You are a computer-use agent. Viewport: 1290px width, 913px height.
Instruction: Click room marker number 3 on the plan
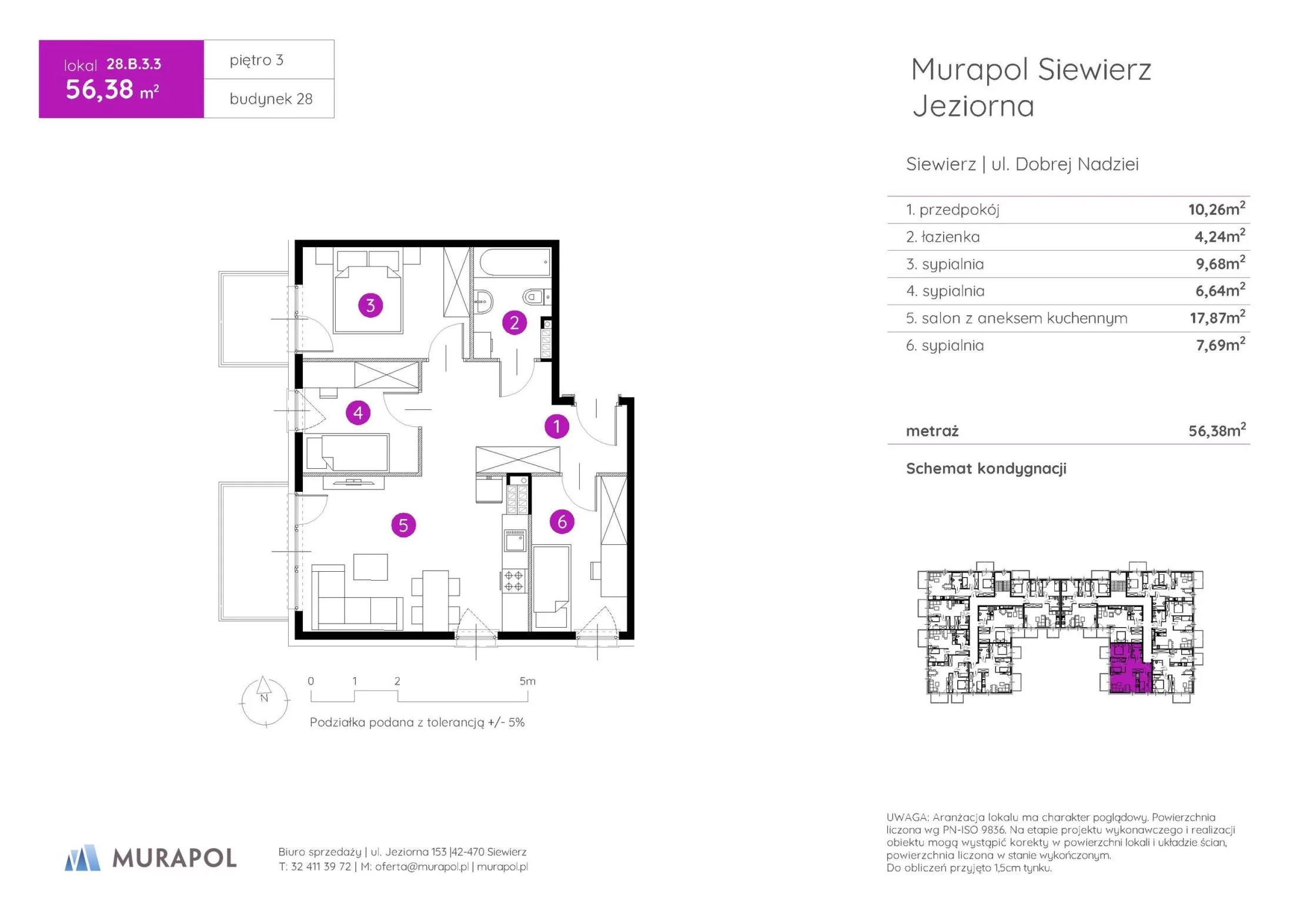click(370, 305)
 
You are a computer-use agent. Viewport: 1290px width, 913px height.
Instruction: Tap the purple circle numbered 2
click(514, 322)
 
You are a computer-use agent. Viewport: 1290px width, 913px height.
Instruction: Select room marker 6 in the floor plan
click(562, 522)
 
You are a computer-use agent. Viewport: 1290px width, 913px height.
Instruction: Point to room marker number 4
click(358, 413)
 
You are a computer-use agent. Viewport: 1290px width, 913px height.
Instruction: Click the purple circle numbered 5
click(403, 525)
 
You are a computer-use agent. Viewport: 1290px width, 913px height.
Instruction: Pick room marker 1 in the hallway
click(557, 426)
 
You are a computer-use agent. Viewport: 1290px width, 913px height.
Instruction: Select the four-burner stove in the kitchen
click(514, 581)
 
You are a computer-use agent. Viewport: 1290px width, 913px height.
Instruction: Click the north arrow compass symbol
click(265, 701)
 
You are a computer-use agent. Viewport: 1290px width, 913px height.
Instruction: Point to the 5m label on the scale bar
click(527, 681)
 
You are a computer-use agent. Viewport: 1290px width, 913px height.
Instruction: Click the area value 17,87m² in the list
click(1217, 318)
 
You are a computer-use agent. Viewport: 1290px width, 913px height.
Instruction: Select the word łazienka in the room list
click(951, 237)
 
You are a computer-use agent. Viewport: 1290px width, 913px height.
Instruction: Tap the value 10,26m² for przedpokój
click(1217, 209)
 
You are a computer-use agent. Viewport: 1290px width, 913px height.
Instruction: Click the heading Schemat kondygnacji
click(986, 469)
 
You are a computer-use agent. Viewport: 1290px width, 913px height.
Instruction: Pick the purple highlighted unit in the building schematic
click(1128, 669)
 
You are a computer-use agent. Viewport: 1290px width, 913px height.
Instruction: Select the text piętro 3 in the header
click(256, 60)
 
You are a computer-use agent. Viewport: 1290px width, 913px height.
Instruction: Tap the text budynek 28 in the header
click(271, 99)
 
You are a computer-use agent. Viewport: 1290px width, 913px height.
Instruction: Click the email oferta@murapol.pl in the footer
click(422, 867)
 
